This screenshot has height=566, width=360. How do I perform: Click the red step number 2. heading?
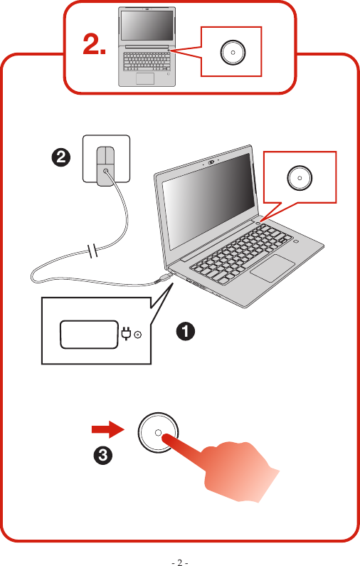point(95,46)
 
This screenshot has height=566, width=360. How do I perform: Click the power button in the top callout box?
point(231,53)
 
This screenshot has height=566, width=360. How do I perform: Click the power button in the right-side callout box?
point(299,178)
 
